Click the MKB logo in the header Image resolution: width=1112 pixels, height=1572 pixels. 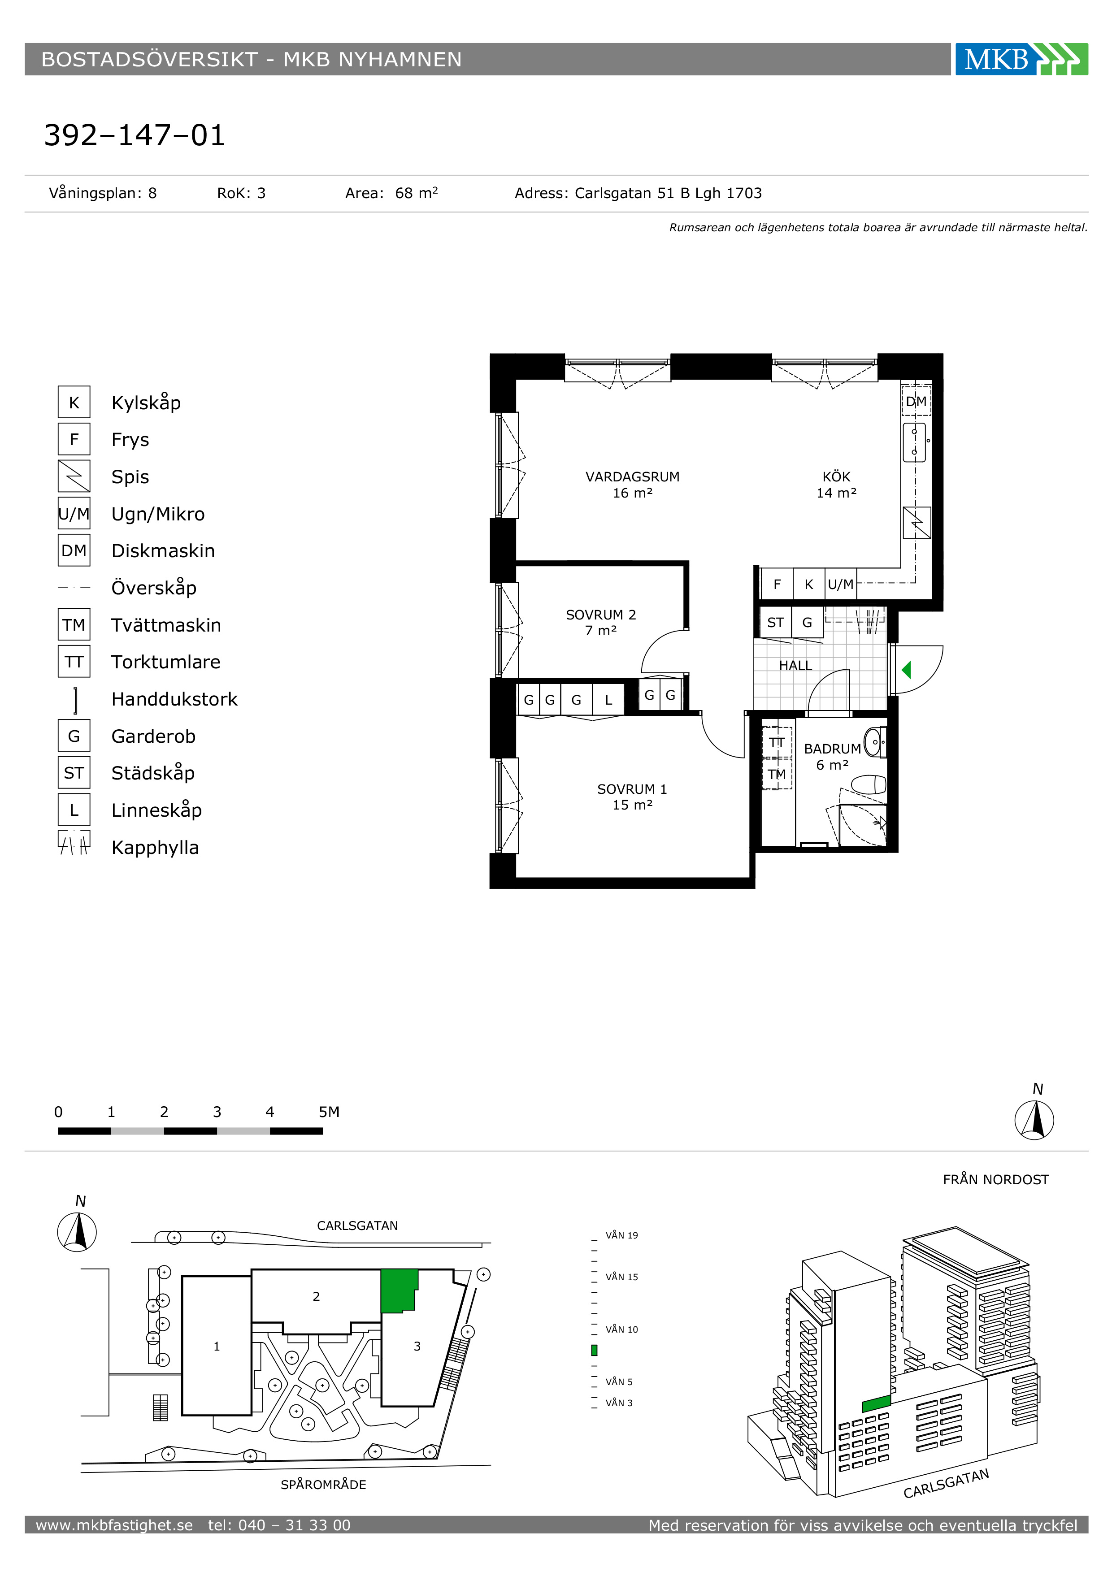1021,60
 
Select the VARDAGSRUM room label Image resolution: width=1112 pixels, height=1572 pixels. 632,476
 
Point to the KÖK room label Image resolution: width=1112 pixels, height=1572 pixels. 836,476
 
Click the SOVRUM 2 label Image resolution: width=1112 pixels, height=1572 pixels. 600,615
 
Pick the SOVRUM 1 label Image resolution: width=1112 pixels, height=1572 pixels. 632,789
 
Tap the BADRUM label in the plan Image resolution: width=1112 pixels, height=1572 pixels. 832,749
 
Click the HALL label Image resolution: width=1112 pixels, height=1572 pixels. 795,666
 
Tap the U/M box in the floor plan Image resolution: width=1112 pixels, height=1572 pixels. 841,585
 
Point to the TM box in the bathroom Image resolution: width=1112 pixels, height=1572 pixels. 777,775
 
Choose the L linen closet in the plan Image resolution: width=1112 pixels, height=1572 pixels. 608,700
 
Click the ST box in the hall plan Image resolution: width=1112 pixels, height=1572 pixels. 775,622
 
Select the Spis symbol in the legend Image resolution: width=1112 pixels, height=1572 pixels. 74,476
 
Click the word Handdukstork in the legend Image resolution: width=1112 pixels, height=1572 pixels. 174,699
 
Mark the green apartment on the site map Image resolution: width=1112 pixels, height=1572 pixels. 399,1291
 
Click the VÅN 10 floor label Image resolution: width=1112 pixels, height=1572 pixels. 622,1329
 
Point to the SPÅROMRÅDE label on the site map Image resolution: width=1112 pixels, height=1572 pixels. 323,1484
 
